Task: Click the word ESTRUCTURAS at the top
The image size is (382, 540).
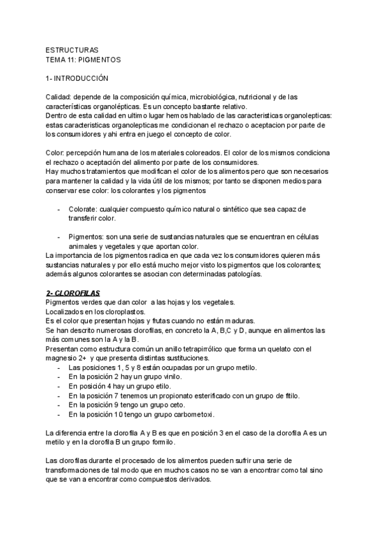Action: click(x=72, y=50)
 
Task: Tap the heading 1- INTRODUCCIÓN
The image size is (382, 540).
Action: click(x=78, y=78)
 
